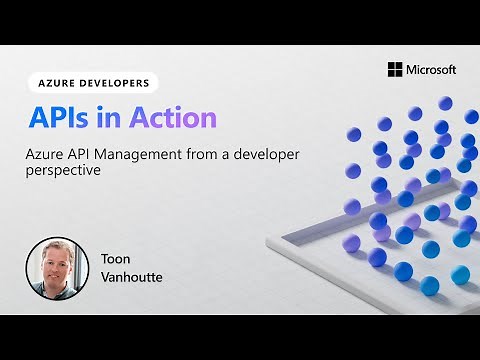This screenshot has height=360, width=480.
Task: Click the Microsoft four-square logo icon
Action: click(x=394, y=69)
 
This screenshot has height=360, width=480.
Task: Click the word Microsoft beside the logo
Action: click(x=431, y=70)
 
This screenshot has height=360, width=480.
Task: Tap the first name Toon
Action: click(x=115, y=258)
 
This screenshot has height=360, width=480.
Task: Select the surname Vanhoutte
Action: click(x=132, y=276)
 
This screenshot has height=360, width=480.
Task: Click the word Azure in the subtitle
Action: click(x=46, y=156)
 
